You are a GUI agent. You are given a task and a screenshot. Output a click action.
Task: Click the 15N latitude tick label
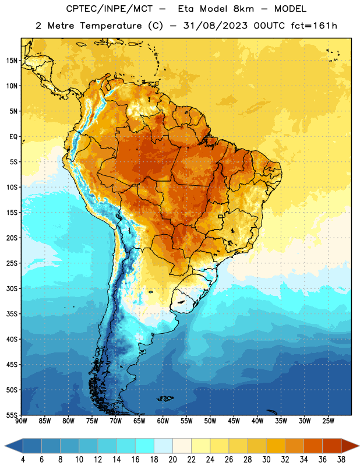12,61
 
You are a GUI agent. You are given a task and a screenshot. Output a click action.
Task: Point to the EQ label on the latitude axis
13,137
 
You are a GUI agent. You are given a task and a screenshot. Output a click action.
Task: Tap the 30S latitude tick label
12,288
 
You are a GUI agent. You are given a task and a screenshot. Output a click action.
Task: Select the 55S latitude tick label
12,415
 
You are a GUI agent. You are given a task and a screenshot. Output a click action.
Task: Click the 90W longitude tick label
21,421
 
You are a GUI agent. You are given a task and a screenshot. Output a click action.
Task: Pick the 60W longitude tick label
163,421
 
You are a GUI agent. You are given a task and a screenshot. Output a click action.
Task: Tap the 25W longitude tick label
328,421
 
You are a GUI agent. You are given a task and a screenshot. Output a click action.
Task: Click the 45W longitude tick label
234,421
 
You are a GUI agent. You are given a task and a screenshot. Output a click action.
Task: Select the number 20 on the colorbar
172,460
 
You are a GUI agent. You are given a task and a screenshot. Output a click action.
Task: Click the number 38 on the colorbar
341,460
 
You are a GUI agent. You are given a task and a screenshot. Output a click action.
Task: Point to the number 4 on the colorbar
23,460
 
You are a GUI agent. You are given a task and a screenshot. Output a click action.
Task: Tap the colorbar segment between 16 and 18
145,446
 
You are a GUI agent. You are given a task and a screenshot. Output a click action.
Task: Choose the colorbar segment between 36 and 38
332,446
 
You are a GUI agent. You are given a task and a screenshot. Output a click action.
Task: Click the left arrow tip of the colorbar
5,446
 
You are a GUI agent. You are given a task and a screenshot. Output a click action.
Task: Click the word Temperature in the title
111,26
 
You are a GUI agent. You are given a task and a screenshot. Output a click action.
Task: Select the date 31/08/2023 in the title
215,26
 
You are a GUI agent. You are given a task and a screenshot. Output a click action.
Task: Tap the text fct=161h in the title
314,26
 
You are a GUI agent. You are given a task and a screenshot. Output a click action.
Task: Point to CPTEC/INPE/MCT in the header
110,9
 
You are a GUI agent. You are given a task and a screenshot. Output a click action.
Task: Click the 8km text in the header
243,9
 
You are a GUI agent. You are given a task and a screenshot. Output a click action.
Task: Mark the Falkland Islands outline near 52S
165,398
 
